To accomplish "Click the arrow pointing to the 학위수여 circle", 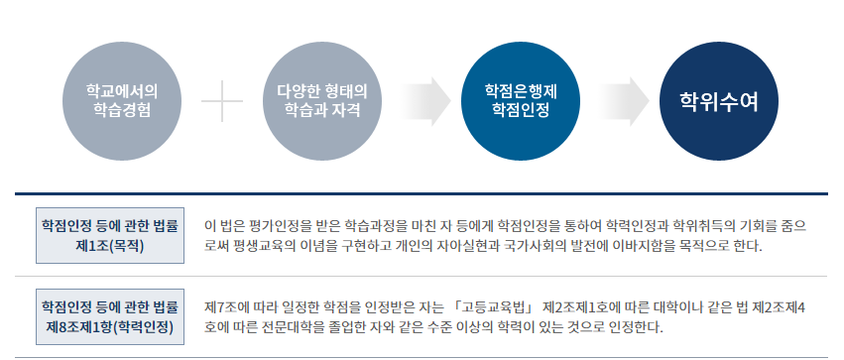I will tap(621, 101).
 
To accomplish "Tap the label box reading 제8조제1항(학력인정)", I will tap(110, 316).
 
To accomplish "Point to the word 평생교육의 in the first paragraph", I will tap(269, 245).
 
